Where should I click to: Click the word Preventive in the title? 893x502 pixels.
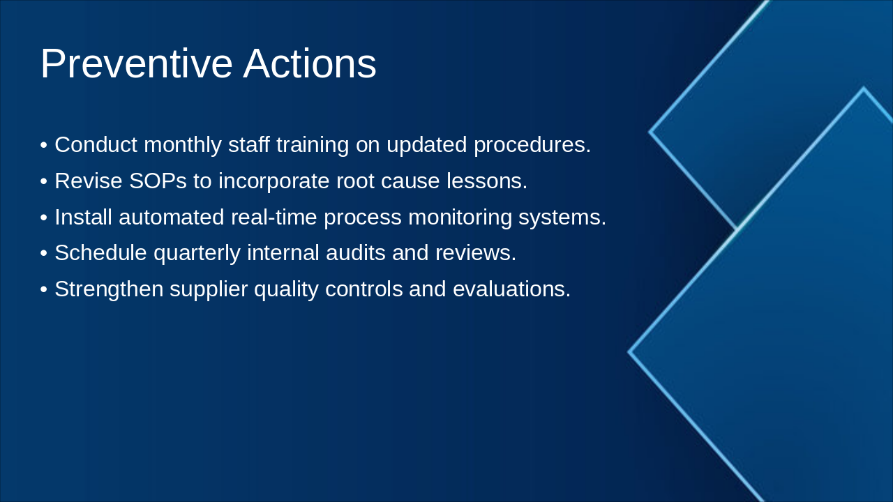[x=136, y=63]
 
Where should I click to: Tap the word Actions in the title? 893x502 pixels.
[x=310, y=63]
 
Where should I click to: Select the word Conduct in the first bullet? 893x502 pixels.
[x=96, y=144]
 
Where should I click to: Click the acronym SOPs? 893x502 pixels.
[x=158, y=181]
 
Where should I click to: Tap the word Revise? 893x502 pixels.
[x=89, y=181]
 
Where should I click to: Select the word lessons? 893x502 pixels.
[x=487, y=181]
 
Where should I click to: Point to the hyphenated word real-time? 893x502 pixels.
[x=274, y=217]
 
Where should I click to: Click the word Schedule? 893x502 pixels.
[x=101, y=252]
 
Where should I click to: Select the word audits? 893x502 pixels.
[x=356, y=252]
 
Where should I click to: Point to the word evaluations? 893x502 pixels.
[x=512, y=289]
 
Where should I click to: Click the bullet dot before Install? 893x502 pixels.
[x=44, y=218]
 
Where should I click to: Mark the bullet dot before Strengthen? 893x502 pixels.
[x=44, y=289]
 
